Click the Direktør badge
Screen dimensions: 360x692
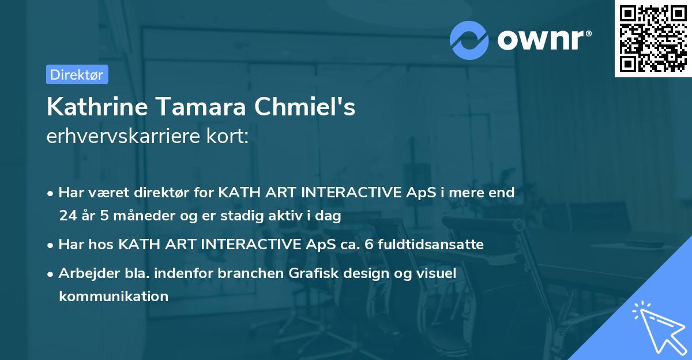[77, 74]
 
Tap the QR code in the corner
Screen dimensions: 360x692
[652, 38]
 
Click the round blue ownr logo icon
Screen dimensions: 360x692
[469, 40]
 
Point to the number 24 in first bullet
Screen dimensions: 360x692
[67, 216]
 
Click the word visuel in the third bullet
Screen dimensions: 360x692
[437, 273]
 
